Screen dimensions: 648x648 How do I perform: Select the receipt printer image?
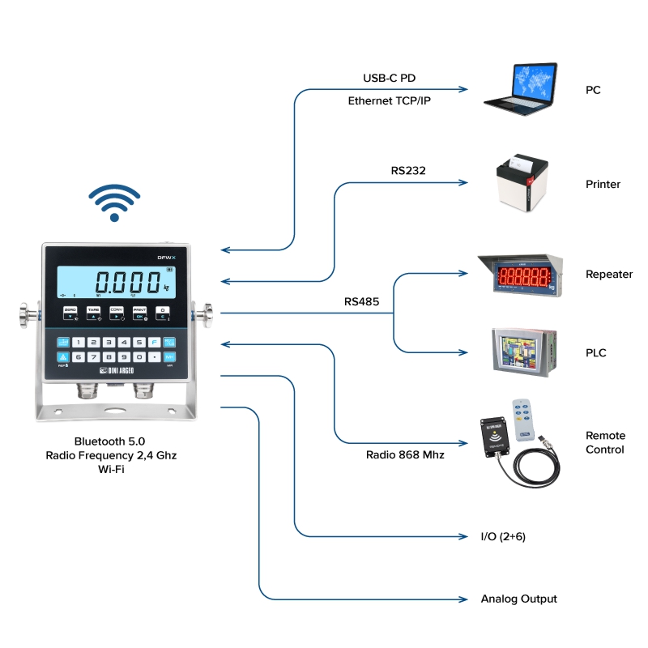tap(518, 185)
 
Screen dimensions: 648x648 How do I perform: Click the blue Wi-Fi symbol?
tap(114, 202)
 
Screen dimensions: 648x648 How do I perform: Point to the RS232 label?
tap(408, 171)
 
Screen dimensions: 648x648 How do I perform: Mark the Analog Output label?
tap(519, 599)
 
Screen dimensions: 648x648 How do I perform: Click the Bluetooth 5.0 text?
tap(109, 441)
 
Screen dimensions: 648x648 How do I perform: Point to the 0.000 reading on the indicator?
tap(127, 283)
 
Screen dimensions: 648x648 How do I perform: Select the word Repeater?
tap(609, 275)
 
